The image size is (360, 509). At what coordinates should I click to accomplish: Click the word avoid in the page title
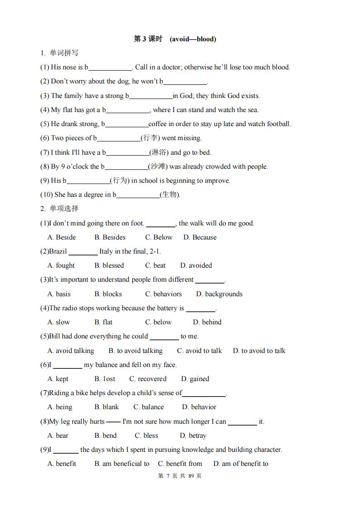180,39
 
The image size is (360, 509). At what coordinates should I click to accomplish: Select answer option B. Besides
110,237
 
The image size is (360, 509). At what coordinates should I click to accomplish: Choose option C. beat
155,265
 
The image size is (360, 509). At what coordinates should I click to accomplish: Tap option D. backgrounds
219,294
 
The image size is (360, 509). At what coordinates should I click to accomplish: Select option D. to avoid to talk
259,351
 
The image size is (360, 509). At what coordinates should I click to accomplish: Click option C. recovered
148,379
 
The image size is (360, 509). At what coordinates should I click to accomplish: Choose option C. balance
148,407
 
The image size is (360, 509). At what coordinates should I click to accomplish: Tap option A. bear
58,436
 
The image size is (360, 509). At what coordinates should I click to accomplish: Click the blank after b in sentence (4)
128,110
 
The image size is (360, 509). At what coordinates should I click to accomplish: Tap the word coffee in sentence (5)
158,124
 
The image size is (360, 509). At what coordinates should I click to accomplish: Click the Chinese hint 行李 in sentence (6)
148,138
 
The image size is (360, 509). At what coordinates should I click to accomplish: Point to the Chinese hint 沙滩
158,166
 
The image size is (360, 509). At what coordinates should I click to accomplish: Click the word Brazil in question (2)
58,251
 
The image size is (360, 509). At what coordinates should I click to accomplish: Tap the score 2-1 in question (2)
154,251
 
